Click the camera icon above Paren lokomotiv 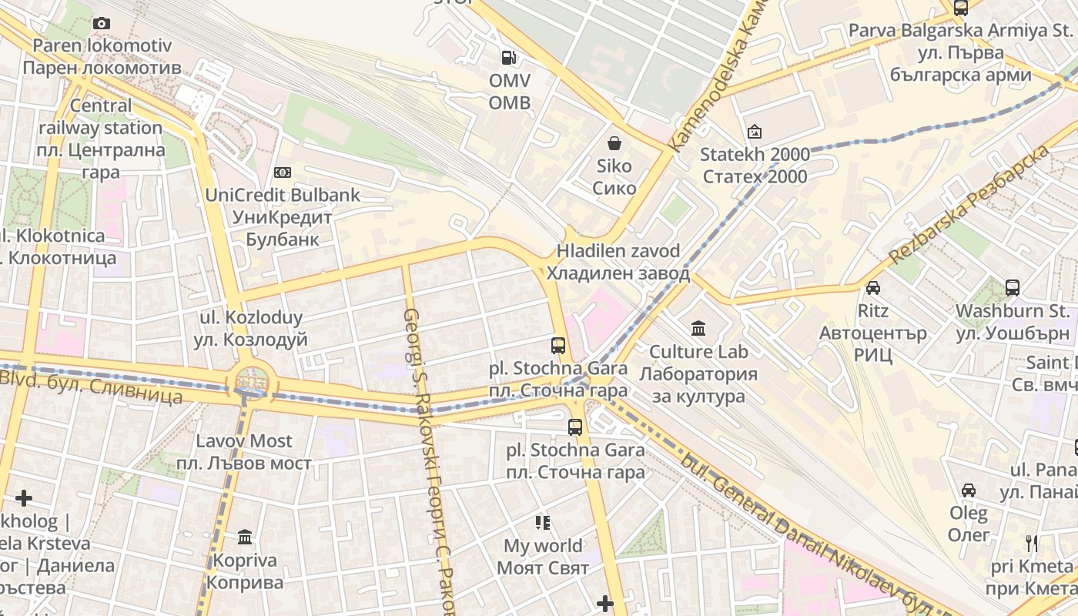click(101, 23)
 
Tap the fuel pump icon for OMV click(508, 57)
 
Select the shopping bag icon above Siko click(614, 143)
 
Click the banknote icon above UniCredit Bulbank click(283, 172)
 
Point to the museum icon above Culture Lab click(698, 329)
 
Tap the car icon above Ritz click(872, 288)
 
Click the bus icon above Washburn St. click(1012, 288)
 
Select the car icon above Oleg click(969, 490)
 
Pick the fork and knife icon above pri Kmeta click(1032, 544)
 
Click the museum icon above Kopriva click(245, 537)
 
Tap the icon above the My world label click(543, 524)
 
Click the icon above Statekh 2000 click(754, 132)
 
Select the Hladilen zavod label click(618, 263)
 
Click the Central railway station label click(101, 139)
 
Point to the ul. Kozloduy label click(251, 329)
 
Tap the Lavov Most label click(244, 452)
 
